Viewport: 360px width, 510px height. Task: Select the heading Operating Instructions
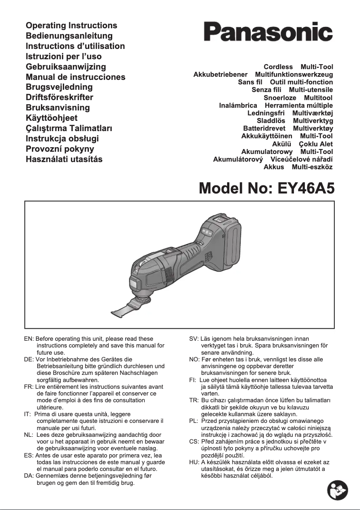pyautogui.click(x=71, y=26)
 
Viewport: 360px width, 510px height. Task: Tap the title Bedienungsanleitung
pyautogui.click(x=69, y=36)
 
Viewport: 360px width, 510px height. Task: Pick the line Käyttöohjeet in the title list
pyautogui.click(x=52, y=118)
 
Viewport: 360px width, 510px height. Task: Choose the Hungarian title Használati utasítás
pyautogui.click(x=64, y=159)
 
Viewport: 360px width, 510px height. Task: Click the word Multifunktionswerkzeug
pyautogui.click(x=294, y=74)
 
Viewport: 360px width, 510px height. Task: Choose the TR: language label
pyautogui.click(x=194, y=400)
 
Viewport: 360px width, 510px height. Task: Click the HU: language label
pyautogui.click(x=194, y=462)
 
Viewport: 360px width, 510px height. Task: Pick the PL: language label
pyautogui.click(x=194, y=421)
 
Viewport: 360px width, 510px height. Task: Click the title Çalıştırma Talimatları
pyautogui.click(x=69, y=128)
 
